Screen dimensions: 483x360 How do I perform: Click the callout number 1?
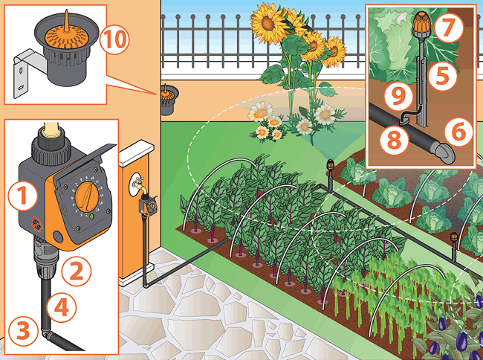22,196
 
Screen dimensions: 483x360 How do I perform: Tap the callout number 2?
77,271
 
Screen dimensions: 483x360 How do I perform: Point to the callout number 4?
61,307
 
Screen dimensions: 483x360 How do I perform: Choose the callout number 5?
443,75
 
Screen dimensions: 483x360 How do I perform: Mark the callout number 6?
458,132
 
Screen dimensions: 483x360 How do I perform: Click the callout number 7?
449,28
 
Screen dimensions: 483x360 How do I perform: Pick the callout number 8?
395,139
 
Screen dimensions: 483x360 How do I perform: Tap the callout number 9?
398,95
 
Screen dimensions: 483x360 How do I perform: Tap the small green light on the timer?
91,216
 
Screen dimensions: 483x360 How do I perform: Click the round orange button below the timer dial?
58,237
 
